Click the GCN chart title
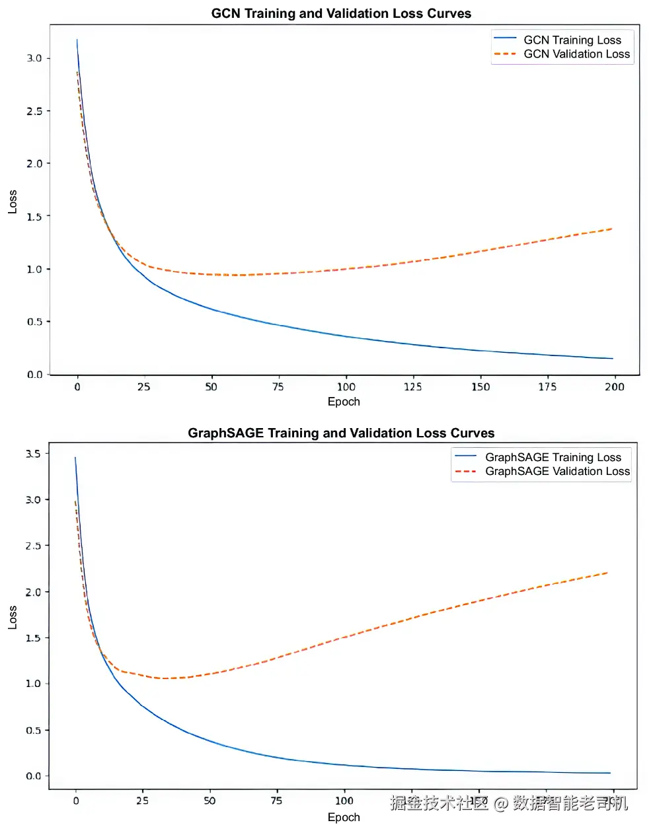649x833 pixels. pyautogui.click(x=341, y=13)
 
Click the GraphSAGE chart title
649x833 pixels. pyautogui.click(x=341, y=433)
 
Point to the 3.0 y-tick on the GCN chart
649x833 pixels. pyautogui.click(x=34, y=58)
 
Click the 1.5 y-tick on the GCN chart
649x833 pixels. pyautogui.click(x=34, y=217)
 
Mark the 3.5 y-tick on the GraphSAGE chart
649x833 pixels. pyautogui.click(x=33, y=454)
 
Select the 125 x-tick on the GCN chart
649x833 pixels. pyautogui.click(x=412, y=387)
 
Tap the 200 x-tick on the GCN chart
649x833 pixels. pyautogui.click(x=614, y=387)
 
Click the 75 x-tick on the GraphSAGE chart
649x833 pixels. pyautogui.click(x=276, y=801)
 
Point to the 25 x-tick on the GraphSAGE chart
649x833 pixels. pyautogui.click(x=142, y=801)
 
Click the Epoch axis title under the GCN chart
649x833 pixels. pyautogui.click(x=344, y=402)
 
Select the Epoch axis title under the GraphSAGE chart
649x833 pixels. pyautogui.click(x=344, y=817)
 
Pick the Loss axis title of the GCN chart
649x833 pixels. pyautogui.click(x=13, y=201)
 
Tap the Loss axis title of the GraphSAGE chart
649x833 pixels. pyautogui.click(x=13, y=617)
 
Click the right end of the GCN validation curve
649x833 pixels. pyautogui.click(x=612, y=229)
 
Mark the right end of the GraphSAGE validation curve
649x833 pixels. pyautogui.click(x=607, y=573)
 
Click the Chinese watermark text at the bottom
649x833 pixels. pyautogui.click(x=509, y=803)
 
